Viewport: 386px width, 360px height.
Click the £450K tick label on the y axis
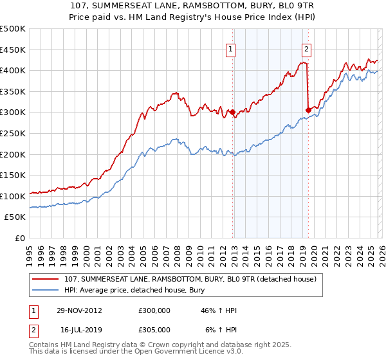pyautogui.click(x=13, y=50)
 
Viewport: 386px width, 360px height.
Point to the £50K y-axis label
pyautogui.click(x=15, y=217)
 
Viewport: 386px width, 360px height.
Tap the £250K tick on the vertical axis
pyautogui.click(x=13, y=133)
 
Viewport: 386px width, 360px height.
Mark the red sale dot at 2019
pyautogui.click(x=308, y=110)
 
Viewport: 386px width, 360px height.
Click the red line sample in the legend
pyautogui.click(x=46, y=280)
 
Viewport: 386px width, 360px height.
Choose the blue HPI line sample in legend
pyautogui.click(x=46, y=291)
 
